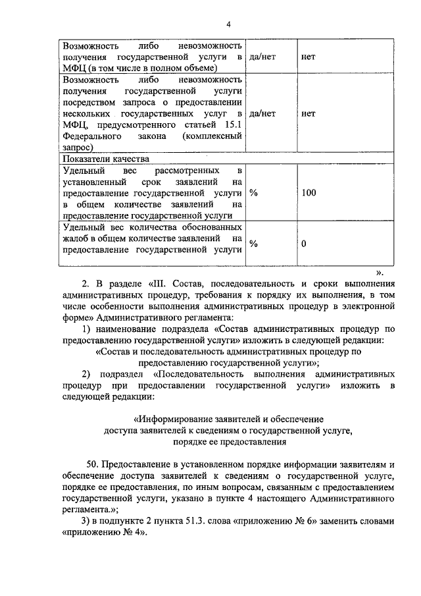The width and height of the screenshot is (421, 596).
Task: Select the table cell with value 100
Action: pos(309,193)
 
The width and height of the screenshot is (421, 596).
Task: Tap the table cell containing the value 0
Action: pos(304,244)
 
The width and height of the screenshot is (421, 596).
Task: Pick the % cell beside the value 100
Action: pos(253,193)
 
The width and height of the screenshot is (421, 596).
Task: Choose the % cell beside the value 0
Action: pos(253,244)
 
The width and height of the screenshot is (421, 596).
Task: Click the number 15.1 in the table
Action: pos(230,124)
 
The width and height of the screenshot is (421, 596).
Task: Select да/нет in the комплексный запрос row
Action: pos(262,113)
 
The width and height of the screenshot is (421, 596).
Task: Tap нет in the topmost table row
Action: pos(308,57)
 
